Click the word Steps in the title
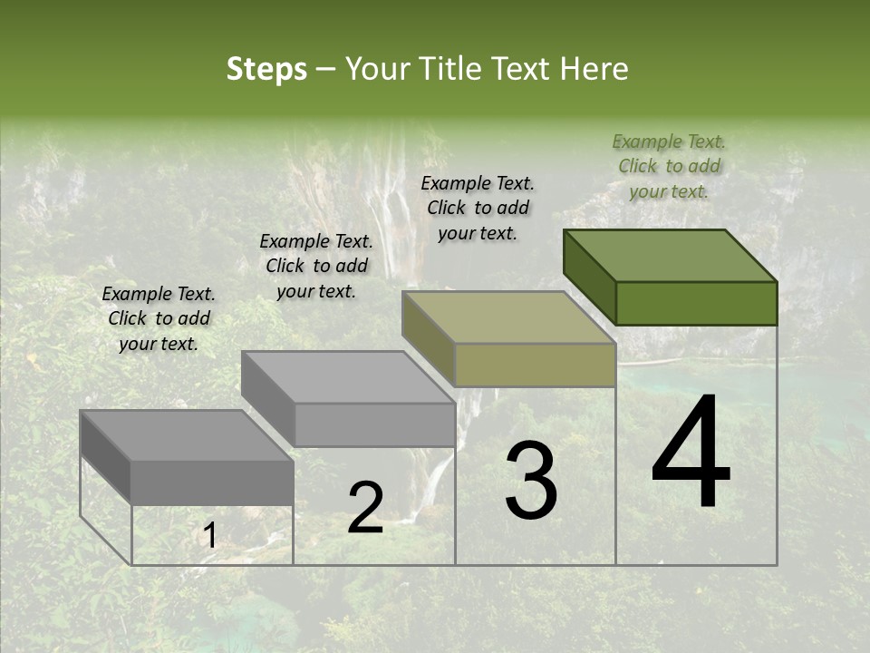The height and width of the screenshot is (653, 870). click(x=266, y=69)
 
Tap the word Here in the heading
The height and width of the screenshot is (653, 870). click(x=594, y=69)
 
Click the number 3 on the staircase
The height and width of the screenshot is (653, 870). click(x=531, y=481)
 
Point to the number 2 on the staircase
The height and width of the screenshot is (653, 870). click(x=365, y=508)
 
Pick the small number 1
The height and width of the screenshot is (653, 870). click(x=209, y=537)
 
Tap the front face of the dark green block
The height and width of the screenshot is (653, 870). click(x=696, y=303)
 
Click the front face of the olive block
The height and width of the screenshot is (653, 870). click(x=535, y=365)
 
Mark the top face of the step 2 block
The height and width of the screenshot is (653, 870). click(x=348, y=377)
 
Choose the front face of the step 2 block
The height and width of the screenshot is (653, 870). click(x=373, y=424)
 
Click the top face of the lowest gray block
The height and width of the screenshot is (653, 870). click(x=187, y=436)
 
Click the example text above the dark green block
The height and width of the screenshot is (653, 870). click(x=669, y=166)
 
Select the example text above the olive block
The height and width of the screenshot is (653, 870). click(x=478, y=208)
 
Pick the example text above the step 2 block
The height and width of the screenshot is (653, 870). click(x=316, y=266)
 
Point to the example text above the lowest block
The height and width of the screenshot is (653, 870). click(x=159, y=318)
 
